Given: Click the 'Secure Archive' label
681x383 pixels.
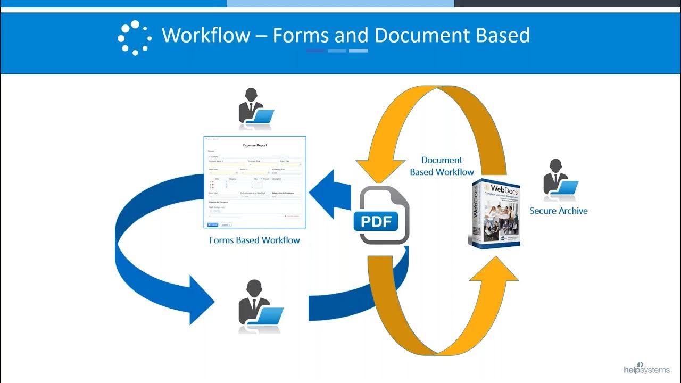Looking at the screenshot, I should click(x=559, y=211).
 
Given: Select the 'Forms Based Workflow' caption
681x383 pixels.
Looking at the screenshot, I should click(x=254, y=240).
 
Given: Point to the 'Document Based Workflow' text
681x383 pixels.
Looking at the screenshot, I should click(x=442, y=166).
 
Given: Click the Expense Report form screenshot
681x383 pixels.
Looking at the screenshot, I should click(x=255, y=181).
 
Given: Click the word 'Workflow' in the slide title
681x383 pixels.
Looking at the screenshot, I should click(x=206, y=36).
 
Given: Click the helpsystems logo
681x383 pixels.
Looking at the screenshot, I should click(x=646, y=368).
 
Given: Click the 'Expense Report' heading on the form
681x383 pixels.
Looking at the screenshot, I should click(x=255, y=145).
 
